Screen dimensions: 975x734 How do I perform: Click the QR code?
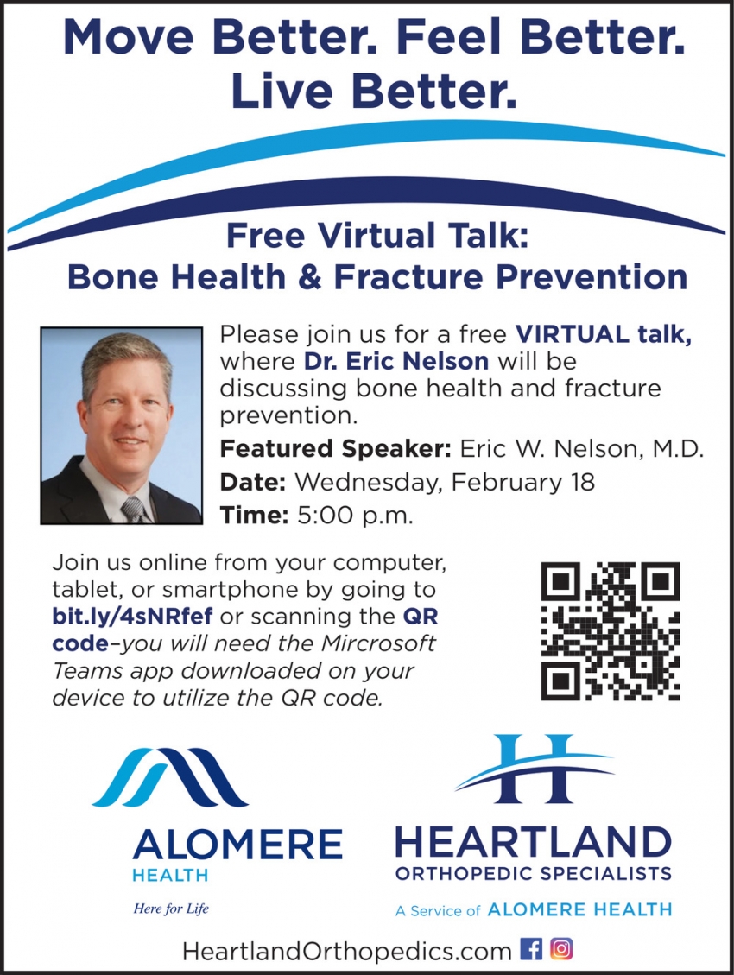[611, 630]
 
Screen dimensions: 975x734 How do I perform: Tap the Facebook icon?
[532, 949]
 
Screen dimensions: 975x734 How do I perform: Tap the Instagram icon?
[561, 949]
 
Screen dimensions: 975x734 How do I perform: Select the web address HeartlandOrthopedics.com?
[346, 951]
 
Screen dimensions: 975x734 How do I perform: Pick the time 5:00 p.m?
[355, 516]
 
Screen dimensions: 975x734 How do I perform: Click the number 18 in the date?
[580, 482]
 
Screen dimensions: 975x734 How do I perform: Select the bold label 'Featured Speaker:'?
[335, 449]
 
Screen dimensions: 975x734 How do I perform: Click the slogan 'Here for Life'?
[170, 908]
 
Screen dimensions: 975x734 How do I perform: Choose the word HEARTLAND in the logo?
[533, 842]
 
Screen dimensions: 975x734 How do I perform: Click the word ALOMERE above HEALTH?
[237, 843]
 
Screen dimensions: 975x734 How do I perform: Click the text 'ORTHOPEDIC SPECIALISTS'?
[533, 873]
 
